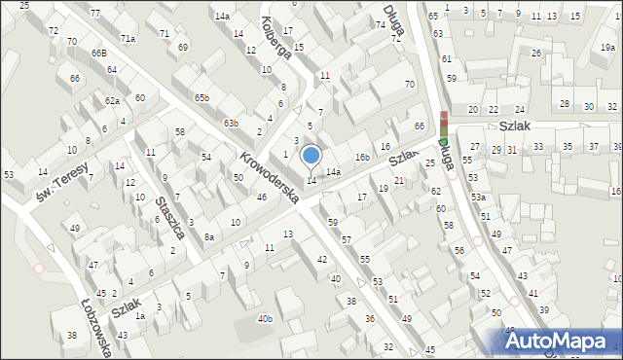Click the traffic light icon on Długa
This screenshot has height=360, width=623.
(444, 126)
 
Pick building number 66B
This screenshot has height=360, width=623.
(99, 53)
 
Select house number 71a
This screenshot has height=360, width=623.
(128, 38)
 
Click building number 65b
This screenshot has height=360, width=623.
(202, 97)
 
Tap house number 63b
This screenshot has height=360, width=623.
(231, 124)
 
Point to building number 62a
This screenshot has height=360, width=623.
(113, 101)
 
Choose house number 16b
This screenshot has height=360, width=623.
(362, 157)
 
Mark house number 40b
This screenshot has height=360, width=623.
(265, 319)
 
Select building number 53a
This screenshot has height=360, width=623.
(478, 197)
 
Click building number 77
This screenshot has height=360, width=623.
(94, 13)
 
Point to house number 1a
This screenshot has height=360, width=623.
(140, 316)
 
